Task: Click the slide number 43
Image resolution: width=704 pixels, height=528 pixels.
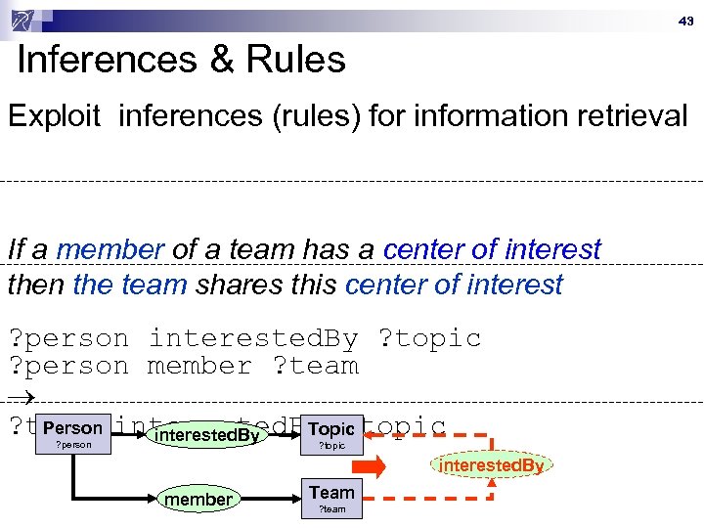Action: pyautogui.click(x=685, y=21)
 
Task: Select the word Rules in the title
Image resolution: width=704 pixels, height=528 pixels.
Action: pyautogui.click(x=296, y=61)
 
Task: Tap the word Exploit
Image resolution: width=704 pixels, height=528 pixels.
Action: pyautogui.click(x=55, y=116)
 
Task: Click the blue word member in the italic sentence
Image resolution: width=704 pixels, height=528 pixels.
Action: pyautogui.click(x=110, y=249)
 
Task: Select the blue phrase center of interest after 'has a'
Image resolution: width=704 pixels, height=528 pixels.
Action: pyautogui.click(x=492, y=249)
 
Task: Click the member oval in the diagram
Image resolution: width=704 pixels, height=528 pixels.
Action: pyautogui.click(x=198, y=500)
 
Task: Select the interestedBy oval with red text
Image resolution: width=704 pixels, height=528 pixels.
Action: pyautogui.click(x=491, y=466)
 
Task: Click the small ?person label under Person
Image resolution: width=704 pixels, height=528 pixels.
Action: pyautogui.click(x=72, y=446)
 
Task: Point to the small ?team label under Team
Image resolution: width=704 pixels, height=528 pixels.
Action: pyautogui.click(x=331, y=509)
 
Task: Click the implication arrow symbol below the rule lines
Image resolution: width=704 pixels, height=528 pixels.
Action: pyautogui.click(x=21, y=395)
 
